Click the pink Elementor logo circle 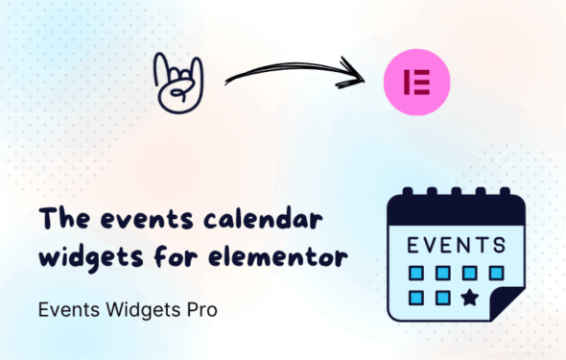(415, 81)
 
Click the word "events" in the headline (119, 220)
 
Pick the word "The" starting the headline (58, 220)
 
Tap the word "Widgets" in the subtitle (142, 311)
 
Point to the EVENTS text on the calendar (456, 245)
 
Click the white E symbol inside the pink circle (415, 81)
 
